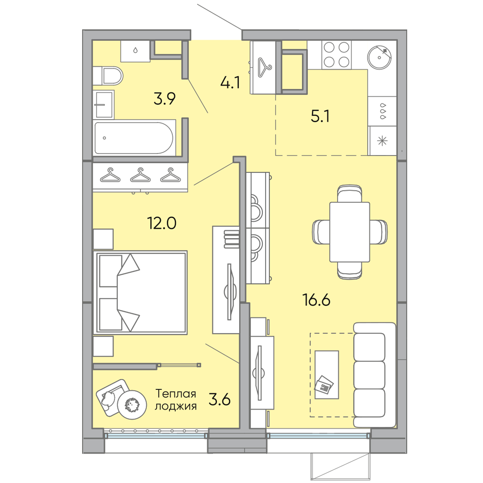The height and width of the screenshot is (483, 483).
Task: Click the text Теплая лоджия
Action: coord(175,400)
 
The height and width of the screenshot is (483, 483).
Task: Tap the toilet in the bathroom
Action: coord(110,76)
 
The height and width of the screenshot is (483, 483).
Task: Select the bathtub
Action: coord(133,138)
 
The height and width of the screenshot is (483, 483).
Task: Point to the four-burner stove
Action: coord(337,55)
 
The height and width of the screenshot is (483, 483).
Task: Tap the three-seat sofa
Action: coord(370,374)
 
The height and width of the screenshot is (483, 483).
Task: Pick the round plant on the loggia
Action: coord(132,403)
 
